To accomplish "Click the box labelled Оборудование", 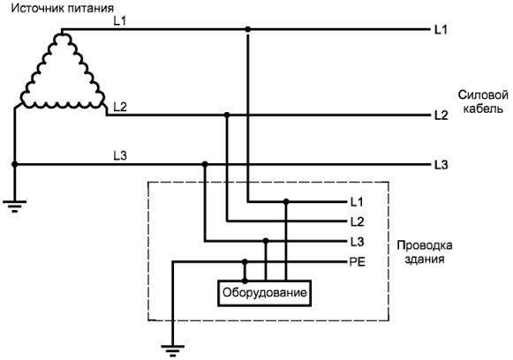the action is click(x=264, y=293).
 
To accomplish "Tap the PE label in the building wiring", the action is click(x=358, y=262).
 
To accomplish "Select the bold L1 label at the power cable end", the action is click(x=441, y=30).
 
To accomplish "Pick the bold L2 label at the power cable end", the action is click(x=441, y=116).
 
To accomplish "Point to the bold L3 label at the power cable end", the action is click(x=441, y=165).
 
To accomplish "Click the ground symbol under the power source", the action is click(x=14, y=206).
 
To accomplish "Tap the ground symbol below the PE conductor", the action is click(x=173, y=350).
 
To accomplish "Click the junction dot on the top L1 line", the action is click(x=248, y=29).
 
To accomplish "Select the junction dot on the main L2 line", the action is click(x=227, y=115).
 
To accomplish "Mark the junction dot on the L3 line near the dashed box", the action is click(x=205, y=164).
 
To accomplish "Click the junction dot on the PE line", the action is click(x=245, y=261).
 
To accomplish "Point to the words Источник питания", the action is click(x=63, y=8).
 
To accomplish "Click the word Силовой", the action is click(x=483, y=95).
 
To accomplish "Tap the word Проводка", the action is click(x=425, y=245).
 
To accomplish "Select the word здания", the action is click(x=425, y=259).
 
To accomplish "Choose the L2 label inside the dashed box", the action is click(x=357, y=222).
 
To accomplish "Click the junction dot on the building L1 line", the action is click(x=286, y=202).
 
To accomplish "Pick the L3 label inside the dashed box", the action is click(x=357, y=242).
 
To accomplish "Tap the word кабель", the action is click(x=483, y=109).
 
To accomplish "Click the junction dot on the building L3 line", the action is click(x=266, y=241).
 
